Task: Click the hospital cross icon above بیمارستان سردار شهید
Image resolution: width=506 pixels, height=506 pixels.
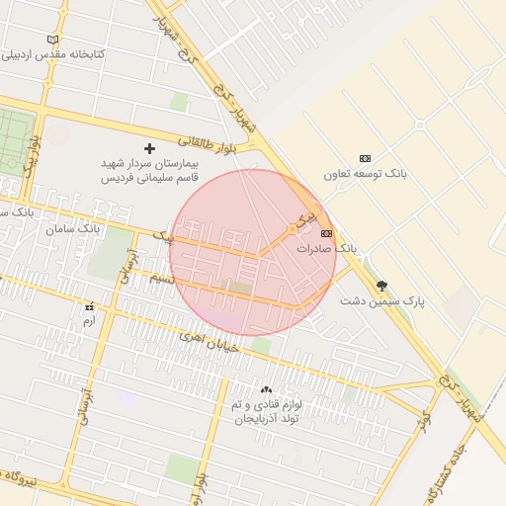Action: click(150, 147)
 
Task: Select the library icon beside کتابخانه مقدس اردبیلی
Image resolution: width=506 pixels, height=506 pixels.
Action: click(53, 40)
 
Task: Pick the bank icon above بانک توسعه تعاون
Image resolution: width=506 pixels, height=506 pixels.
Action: click(365, 158)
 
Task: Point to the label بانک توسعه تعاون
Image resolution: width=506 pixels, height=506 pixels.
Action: click(365, 174)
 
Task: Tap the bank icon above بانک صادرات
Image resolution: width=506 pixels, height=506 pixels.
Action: click(326, 233)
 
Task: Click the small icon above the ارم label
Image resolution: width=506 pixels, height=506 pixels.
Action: click(90, 306)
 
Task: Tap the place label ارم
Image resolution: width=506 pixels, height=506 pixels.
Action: click(90, 321)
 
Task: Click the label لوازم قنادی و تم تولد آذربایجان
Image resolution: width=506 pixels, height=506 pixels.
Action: click(265, 412)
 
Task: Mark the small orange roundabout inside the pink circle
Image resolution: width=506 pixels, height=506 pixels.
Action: click(291, 229)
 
